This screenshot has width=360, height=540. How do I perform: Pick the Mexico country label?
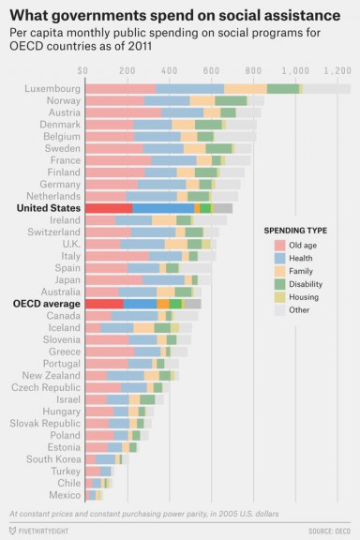point(65,494)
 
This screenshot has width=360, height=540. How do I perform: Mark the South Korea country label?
point(53,458)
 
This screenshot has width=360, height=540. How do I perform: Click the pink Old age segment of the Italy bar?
point(116,255)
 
